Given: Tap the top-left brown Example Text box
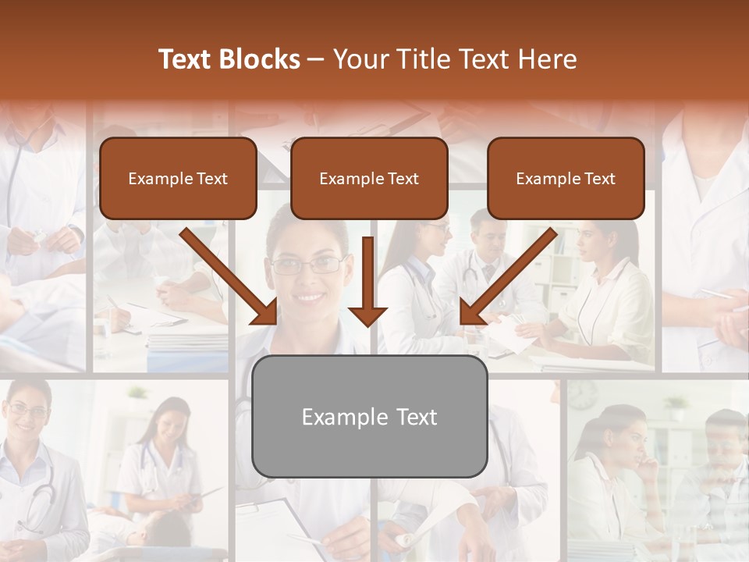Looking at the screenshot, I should click(178, 179).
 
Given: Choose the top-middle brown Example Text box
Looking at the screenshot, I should click(369, 179).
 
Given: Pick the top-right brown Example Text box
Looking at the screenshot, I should click(566, 179).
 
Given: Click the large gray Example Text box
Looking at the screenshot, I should click(369, 417).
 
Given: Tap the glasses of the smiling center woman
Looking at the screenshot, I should click(307, 265).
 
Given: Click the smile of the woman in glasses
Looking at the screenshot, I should click(310, 297).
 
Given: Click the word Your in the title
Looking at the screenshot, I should click(361, 59).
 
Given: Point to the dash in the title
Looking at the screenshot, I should click(317, 59).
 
